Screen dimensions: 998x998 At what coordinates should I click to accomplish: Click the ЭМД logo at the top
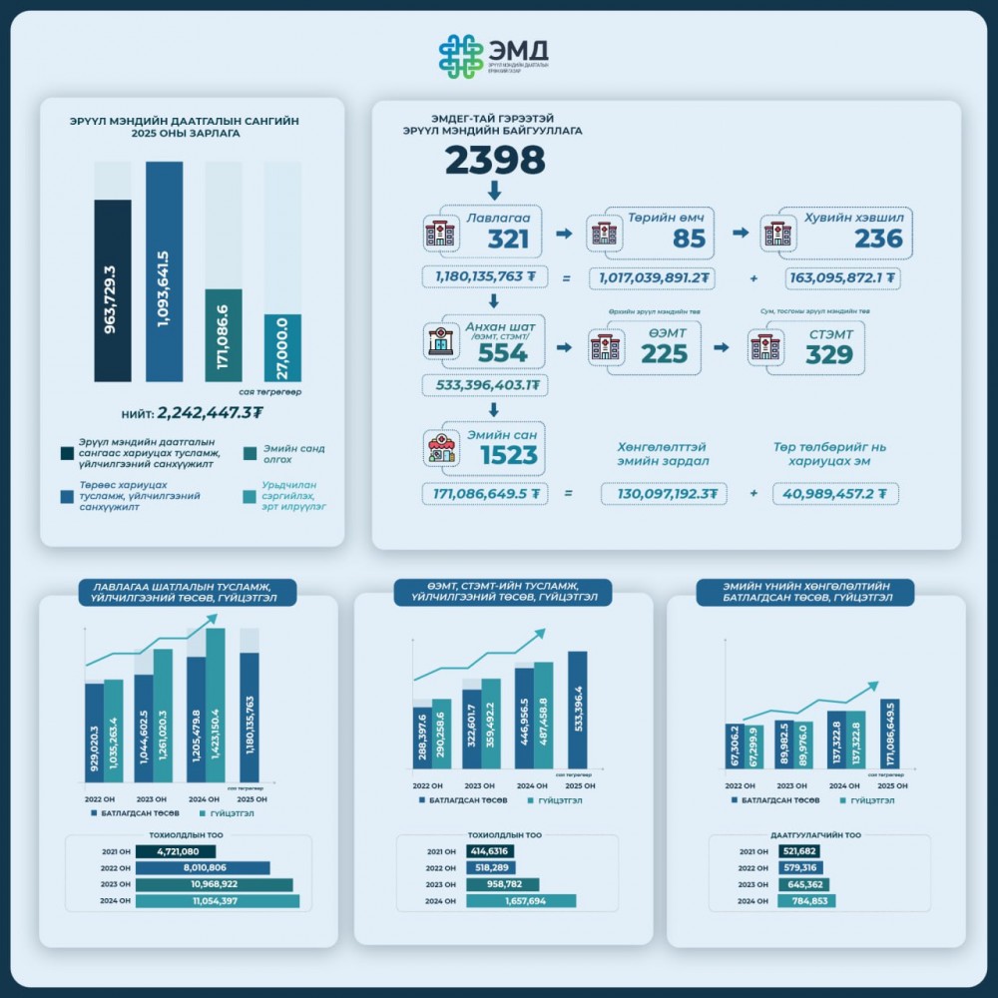[496, 59]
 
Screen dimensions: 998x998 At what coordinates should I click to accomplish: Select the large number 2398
[495, 161]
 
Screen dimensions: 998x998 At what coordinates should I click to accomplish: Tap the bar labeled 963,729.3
[113, 289]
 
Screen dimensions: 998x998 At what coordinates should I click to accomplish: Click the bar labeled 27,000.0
[282, 346]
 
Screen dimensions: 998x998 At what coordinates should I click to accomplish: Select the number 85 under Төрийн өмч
[688, 239]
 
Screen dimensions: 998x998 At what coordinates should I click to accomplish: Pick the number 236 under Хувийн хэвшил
[878, 239]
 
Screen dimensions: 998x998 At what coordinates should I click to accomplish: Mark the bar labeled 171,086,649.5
[890, 734]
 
